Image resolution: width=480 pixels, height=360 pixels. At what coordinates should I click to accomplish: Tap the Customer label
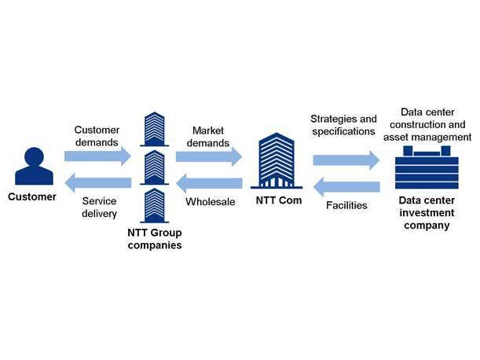pos(33,197)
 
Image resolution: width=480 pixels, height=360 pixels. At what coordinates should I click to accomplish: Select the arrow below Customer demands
pos(97,156)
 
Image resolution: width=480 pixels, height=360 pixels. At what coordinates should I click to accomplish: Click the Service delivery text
pos(100,208)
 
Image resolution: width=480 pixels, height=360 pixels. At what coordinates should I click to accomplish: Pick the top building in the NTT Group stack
pos(155,128)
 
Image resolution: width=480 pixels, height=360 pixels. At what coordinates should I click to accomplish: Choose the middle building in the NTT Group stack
pos(155,167)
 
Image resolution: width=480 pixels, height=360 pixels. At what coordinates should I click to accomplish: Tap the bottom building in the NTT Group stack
pos(155,204)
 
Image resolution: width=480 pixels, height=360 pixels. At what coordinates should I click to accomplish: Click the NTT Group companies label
pos(155,239)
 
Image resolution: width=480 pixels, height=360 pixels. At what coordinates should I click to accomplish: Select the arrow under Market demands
pos(209,156)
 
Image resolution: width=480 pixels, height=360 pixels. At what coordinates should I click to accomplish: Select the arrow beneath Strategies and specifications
pos(346,160)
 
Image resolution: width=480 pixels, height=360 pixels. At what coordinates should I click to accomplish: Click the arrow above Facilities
pos(346,188)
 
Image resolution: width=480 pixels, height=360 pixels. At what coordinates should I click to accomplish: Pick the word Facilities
pos(346,206)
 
